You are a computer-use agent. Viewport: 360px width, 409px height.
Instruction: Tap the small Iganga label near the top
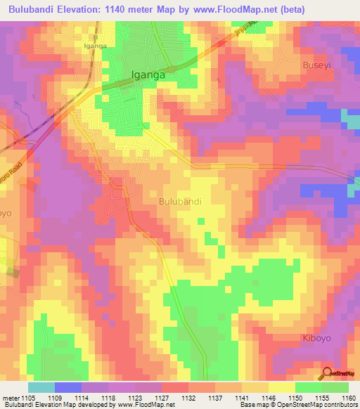(x=95, y=46)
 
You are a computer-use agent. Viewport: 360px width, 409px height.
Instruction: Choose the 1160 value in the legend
(x=349, y=397)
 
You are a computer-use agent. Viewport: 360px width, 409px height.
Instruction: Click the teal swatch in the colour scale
(x=41, y=387)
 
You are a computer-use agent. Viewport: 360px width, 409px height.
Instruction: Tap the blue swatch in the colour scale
(x=68, y=387)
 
